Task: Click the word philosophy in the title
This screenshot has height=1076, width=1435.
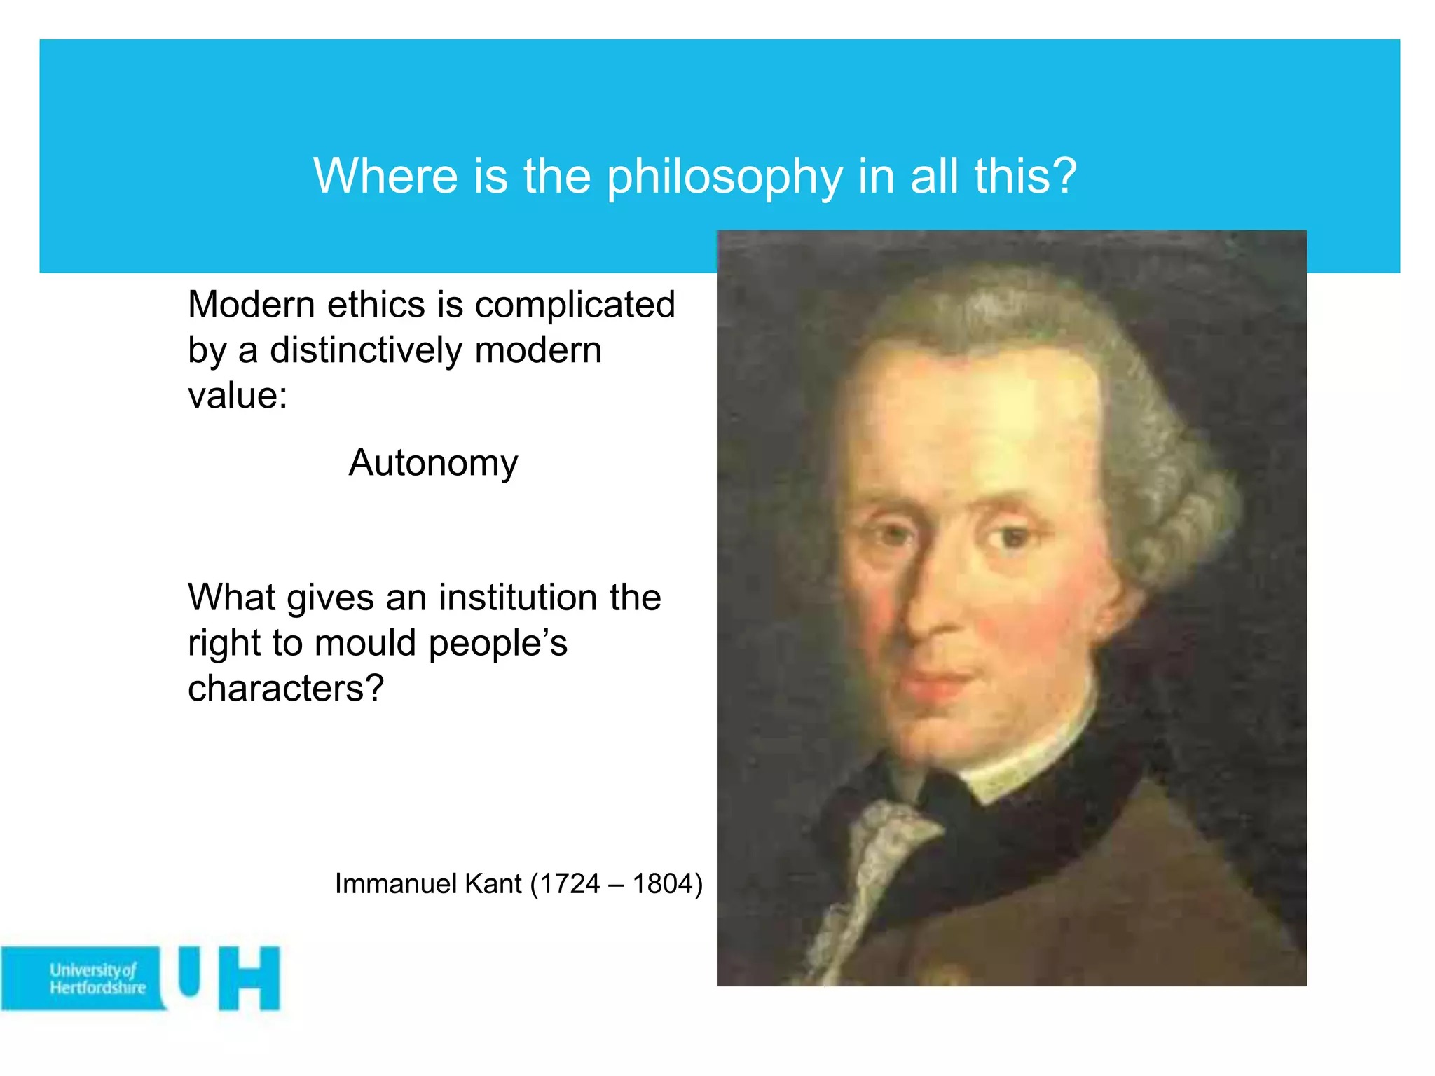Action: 725,177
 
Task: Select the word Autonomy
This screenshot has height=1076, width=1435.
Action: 433,463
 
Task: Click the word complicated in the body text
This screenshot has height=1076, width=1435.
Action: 575,305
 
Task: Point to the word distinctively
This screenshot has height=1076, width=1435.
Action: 366,350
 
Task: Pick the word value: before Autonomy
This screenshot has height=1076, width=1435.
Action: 238,395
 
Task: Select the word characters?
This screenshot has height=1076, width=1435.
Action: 286,689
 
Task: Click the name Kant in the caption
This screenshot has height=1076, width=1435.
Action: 493,884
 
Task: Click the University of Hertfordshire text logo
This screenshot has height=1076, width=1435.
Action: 97,979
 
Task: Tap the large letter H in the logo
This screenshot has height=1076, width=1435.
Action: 249,979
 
